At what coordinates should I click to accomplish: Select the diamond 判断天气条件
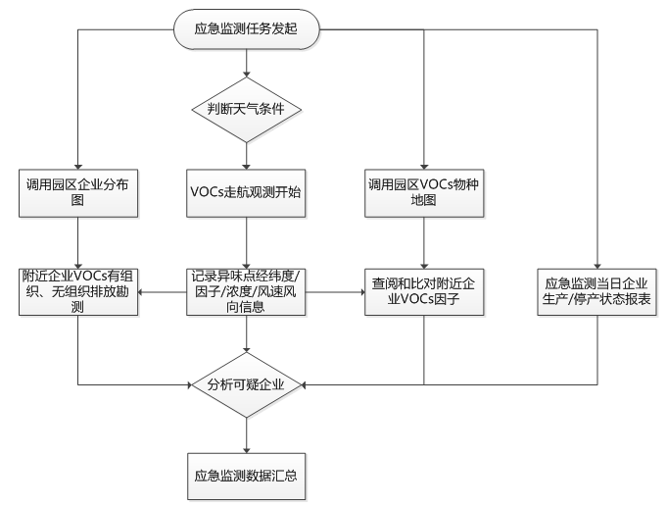coord(247,108)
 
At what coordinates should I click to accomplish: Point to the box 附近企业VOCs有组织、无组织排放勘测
coord(77,290)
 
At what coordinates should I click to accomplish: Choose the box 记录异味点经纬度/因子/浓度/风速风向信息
coord(247,290)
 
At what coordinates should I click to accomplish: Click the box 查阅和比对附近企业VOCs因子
coord(424,290)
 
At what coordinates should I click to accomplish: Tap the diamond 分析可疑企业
coord(247,384)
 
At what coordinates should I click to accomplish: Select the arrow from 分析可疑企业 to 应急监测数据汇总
coord(247,431)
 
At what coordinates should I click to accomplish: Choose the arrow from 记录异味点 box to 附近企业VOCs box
coord(163,290)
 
